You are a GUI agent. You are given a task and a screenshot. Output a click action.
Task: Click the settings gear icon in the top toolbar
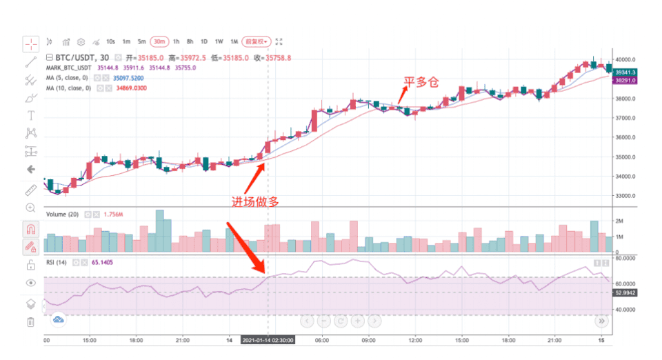pos(81,42)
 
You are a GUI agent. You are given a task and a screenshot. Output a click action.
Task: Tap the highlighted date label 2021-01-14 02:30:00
pos(268,341)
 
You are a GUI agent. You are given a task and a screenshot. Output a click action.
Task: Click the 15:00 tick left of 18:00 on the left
pos(89,340)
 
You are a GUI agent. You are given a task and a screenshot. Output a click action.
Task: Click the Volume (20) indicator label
pos(62,214)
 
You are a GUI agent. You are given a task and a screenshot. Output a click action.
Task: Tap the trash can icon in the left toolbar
pos(30,322)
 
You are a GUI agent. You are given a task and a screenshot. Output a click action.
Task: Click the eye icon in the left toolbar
pos(30,283)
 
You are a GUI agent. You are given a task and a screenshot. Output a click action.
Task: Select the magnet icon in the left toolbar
pos(30,228)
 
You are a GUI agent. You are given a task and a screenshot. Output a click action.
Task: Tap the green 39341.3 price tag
pos(625,72)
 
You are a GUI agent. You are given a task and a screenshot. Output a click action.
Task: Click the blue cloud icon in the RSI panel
pos(59,319)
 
